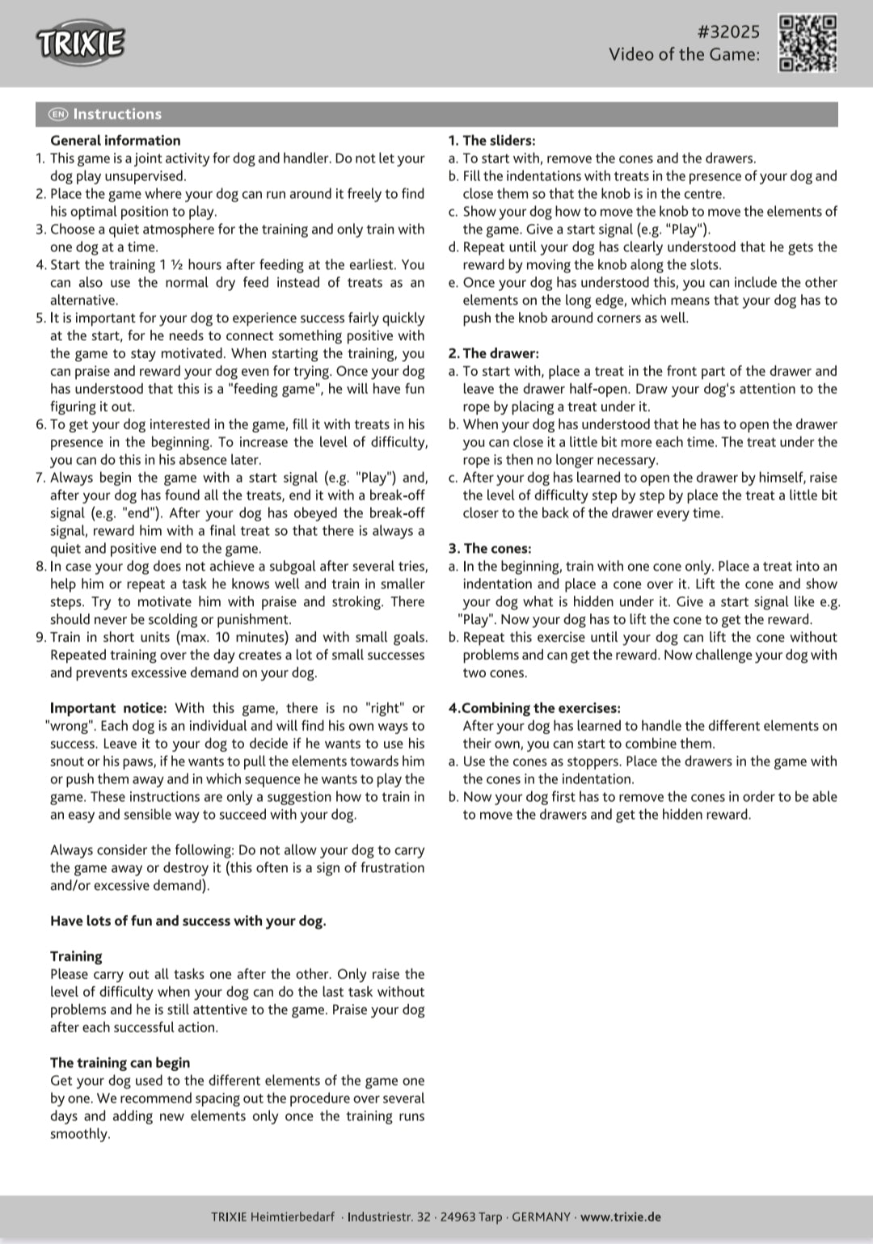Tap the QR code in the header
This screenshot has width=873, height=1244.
[807, 43]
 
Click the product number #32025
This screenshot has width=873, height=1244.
[727, 32]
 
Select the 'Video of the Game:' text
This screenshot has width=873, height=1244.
[684, 54]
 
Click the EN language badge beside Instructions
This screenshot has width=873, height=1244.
[58, 114]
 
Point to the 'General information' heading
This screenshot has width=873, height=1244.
[115, 141]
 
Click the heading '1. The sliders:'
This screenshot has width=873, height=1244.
[491, 141]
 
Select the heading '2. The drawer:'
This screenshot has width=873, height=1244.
[493, 353]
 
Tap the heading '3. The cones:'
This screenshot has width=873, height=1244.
[490, 549]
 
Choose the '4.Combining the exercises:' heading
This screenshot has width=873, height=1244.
[534, 708]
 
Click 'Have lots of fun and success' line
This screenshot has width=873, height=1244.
[188, 921]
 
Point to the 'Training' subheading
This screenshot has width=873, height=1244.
[76, 956]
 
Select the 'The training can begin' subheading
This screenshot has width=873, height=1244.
[120, 1063]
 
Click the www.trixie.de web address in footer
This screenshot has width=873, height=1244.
[620, 1217]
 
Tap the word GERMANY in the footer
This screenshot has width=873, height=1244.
[541, 1217]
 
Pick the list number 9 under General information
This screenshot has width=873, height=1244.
[40, 637]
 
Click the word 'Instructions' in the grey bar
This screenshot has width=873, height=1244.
[117, 114]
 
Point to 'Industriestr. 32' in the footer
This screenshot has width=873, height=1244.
[389, 1217]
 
